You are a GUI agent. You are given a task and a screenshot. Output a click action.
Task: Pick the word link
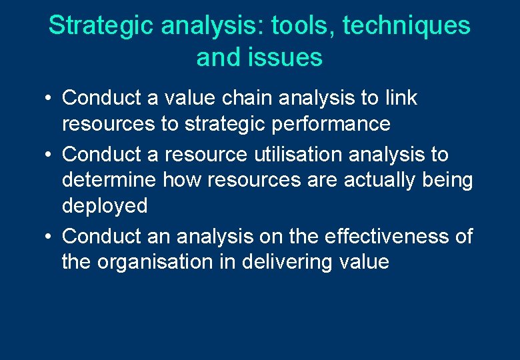[x=401, y=98]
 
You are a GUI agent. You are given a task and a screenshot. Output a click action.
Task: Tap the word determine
[x=107, y=180]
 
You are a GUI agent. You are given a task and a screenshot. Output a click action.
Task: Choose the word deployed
[x=105, y=206]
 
